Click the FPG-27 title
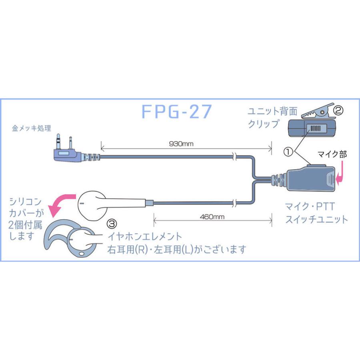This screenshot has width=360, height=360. click(176, 112)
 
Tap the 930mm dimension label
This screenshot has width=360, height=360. click(181, 144)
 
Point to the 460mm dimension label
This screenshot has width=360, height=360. click(212, 217)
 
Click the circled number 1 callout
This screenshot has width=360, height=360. click(288, 152)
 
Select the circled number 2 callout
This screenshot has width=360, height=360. click(338, 110)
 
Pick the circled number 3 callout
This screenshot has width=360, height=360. click(112, 223)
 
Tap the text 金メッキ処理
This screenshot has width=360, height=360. click(32, 128)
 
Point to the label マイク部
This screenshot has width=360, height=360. click(332, 154)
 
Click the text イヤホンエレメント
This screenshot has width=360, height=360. click(145, 236)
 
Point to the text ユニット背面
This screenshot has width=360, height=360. click(272, 111)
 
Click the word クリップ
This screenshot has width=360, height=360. click(264, 124)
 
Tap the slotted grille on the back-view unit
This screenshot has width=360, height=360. click(315, 128)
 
